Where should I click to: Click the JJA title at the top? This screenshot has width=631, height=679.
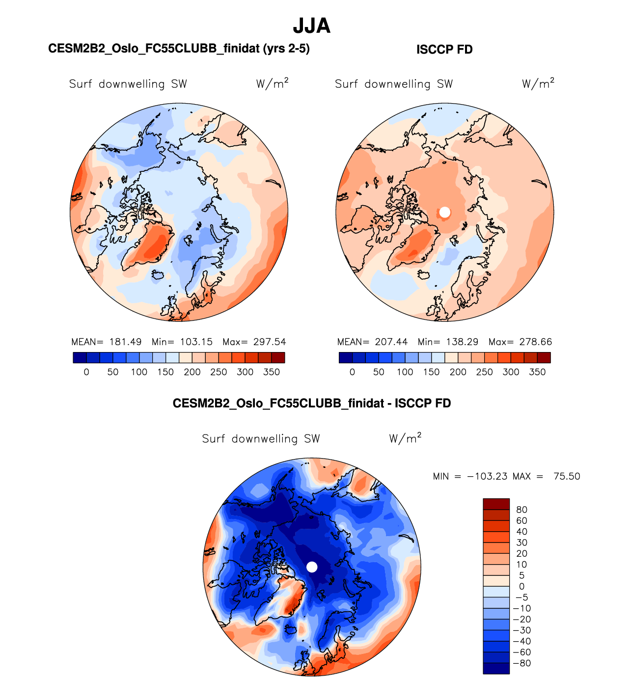[x=311, y=26]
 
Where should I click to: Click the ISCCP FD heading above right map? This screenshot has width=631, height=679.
[x=444, y=50]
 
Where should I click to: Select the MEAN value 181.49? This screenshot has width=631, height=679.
[x=125, y=342]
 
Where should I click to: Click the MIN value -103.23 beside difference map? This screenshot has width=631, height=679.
[x=487, y=476]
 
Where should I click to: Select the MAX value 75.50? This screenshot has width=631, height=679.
[x=567, y=476]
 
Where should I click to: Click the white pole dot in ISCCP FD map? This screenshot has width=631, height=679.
[x=445, y=212]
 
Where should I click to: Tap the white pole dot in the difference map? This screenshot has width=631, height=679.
[x=312, y=567]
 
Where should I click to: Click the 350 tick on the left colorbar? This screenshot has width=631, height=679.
[x=272, y=372]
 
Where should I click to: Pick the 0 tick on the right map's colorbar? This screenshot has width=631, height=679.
[x=352, y=372]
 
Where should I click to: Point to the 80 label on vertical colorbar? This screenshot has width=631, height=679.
[x=521, y=510]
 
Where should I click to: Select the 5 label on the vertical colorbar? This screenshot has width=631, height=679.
[x=521, y=575]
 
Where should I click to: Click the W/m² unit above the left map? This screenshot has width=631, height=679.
[x=272, y=83]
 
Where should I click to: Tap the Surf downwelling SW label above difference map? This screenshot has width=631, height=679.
[x=261, y=438]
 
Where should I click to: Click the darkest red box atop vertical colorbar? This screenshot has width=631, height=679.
[x=496, y=504]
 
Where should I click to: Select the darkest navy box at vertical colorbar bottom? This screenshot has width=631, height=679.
[x=496, y=668]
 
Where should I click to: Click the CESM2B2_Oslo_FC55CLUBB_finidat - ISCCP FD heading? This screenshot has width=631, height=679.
[x=311, y=403]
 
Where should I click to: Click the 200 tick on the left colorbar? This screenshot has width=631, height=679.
[x=192, y=372]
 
